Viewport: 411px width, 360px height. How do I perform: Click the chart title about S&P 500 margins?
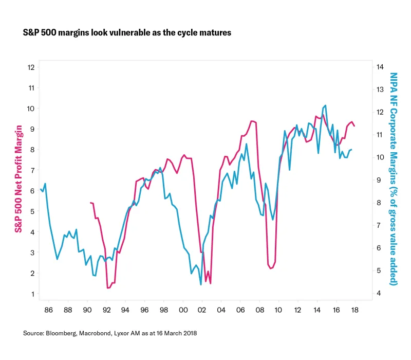pos(127,32)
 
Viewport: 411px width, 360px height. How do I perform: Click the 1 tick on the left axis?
pos(32,294)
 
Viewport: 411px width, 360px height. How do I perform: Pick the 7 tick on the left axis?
pos(32,170)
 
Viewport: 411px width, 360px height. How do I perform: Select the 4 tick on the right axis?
pos(379,294)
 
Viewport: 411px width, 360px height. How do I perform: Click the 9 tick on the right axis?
pos(379,180)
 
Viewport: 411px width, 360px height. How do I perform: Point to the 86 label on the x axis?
pos(49,311)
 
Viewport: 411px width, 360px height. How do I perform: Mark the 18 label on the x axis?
pos(354,311)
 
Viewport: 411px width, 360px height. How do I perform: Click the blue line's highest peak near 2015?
pos(326,105)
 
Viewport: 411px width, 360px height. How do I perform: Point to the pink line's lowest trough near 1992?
pos(108,288)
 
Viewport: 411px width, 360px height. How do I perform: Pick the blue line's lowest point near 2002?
pos(200,284)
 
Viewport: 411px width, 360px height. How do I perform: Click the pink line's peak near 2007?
pos(251,121)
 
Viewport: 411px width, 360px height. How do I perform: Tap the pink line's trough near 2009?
pos(270,268)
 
